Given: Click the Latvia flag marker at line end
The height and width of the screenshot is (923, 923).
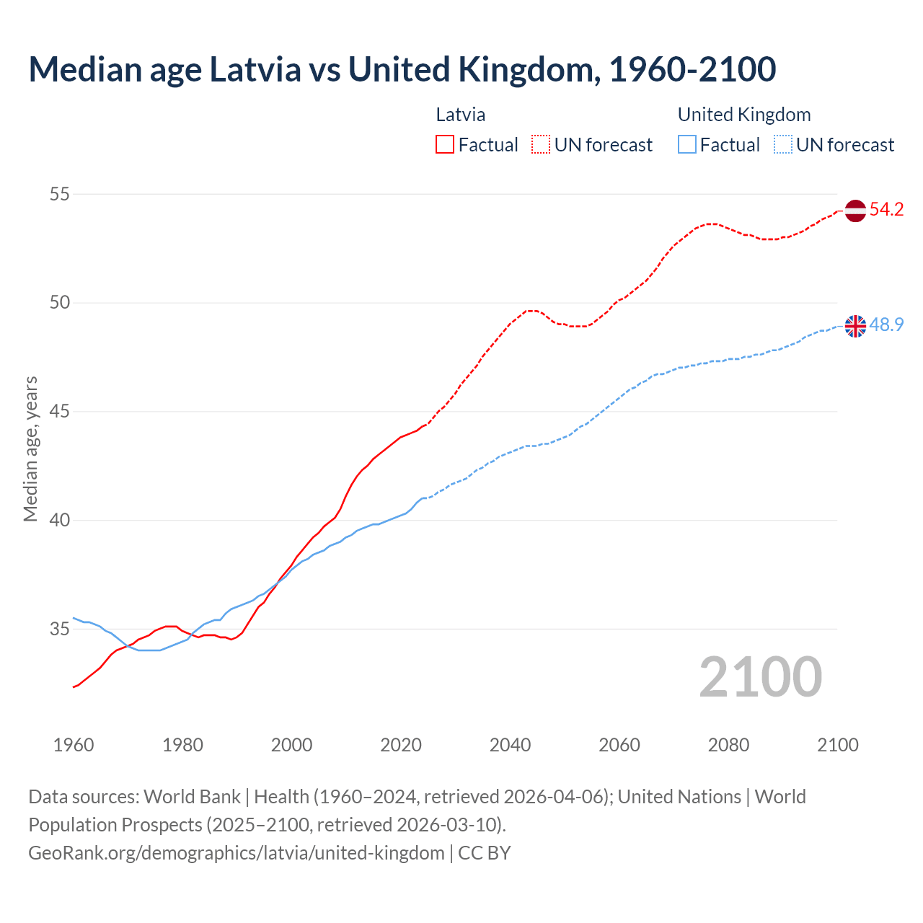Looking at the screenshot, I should pos(854,211).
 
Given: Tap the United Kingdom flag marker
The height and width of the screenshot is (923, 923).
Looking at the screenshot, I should pos(854,326).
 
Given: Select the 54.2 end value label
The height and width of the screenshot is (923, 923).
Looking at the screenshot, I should pos(886,210).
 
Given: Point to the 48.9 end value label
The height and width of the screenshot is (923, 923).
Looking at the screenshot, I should pos(886,325).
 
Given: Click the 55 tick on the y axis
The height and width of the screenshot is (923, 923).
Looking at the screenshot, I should pos(60,194).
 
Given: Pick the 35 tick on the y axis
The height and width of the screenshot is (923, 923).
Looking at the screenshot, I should pos(60,629).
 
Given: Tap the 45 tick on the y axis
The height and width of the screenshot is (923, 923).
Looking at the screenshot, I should pos(60,412).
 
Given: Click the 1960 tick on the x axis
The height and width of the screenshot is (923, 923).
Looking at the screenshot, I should pos(74,745).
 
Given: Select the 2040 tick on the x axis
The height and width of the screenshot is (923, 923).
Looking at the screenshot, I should pos(510,745).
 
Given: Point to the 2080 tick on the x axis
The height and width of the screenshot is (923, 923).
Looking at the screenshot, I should pos(728,745).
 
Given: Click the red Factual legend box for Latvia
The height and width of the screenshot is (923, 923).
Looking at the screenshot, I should pos(445,145).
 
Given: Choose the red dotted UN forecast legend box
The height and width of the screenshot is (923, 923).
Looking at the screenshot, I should pos(541,145).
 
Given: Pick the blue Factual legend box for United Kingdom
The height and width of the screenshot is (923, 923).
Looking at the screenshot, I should pos(687,145).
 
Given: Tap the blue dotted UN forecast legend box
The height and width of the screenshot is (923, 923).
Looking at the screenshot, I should pos(782,145).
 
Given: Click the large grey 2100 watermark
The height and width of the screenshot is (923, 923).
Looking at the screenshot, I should pos(760,676).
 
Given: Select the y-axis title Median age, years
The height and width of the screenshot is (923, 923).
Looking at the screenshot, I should pos(30,449).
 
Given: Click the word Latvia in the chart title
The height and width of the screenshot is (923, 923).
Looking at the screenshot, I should pos(255,69).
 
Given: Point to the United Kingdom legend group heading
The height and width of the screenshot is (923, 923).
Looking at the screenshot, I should pos(743,115).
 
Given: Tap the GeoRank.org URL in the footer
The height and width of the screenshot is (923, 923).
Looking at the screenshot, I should pos(237,853).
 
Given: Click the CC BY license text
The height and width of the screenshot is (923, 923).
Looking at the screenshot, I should pos(485,853).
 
